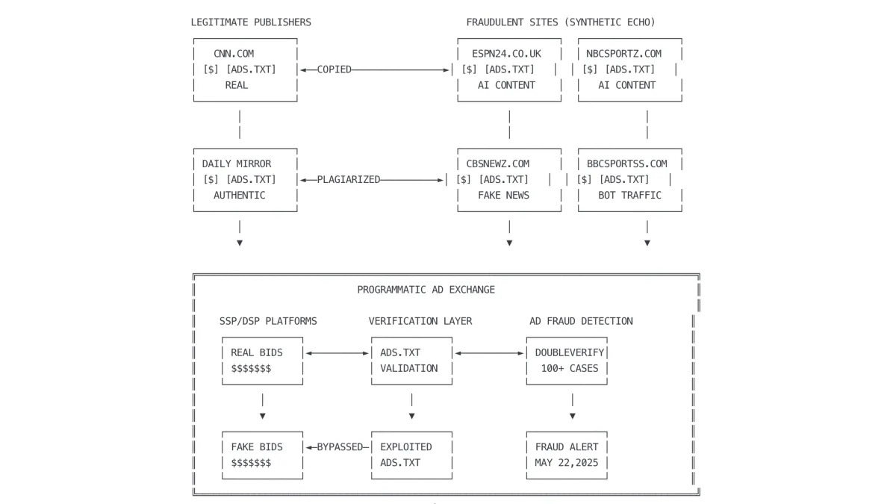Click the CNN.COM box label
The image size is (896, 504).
[x=234, y=54]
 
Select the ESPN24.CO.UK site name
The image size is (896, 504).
[x=506, y=54]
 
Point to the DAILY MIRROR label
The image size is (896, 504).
[x=237, y=164]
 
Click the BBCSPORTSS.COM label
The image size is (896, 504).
[x=627, y=164]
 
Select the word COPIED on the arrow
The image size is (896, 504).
[x=334, y=69]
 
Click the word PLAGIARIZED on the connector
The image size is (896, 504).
[x=349, y=179]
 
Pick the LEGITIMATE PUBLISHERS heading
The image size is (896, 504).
[x=251, y=22]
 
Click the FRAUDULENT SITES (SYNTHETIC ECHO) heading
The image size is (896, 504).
[x=561, y=22]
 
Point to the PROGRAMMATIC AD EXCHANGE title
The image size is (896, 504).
[x=426, y=290]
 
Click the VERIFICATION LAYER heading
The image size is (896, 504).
[x=420, y=321]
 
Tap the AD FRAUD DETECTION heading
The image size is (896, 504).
[x=581, y=321]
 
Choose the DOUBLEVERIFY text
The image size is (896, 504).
[x=570, y=352]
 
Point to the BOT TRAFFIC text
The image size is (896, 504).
[x=629, y=195]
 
